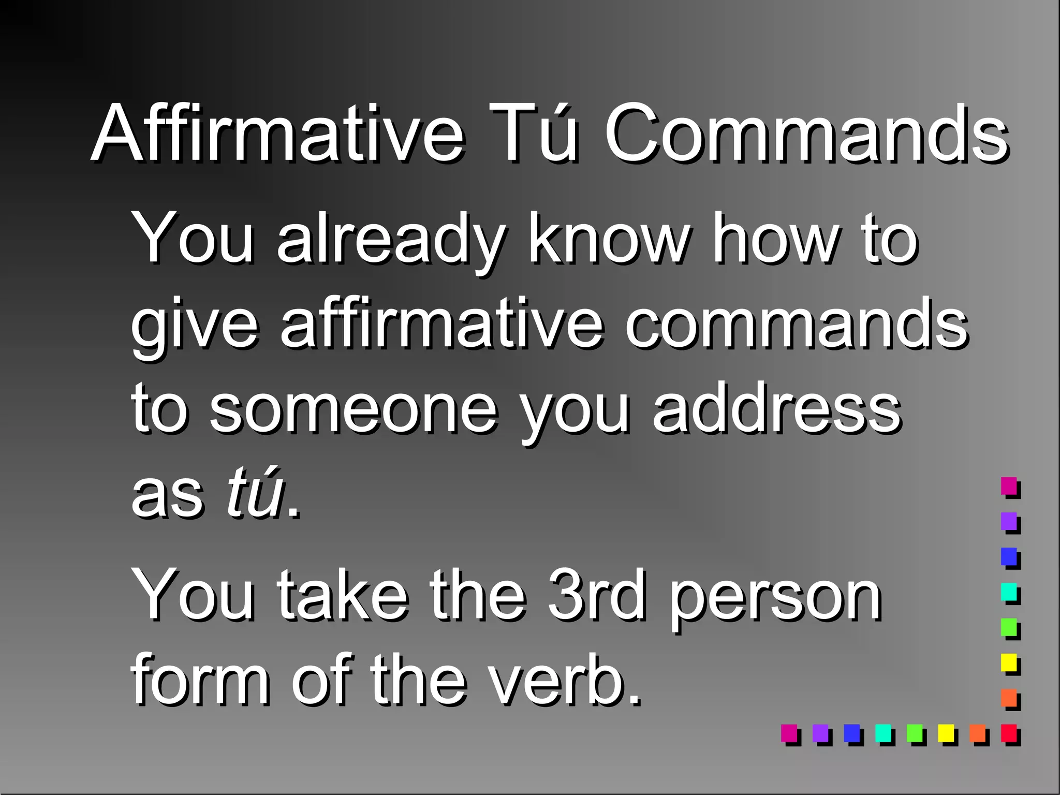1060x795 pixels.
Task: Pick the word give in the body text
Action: [x=194, y=326]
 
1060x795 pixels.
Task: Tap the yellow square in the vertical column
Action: [x=1009, y=662]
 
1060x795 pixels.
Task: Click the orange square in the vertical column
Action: [x=1009, y=697]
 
